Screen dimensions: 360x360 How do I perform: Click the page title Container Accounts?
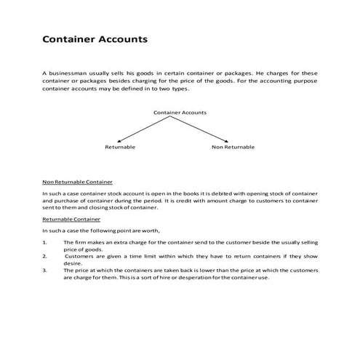pyautogui.click(x=95, y=39)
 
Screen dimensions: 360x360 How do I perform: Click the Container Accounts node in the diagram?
pyautogui.click(x=180, y=113)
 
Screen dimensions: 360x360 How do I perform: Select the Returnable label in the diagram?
pyautogui.click(x=119, y=147)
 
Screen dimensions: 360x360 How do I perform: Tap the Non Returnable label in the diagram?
pyautogui.click(x=233, y=147)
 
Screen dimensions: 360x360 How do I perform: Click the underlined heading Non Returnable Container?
pyautogui.click(x=77, y=181)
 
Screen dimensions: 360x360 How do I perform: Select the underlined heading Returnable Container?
pyautogui.click(x=71, y=219)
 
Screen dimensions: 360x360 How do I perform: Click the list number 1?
pyautogui.click(x=45, y=241)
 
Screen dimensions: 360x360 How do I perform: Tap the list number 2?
pyautogui.click(x=45, y=256)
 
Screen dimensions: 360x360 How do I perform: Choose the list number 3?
pyautogui.click(x=45, y=270)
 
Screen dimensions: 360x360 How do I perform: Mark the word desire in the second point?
pyautogui.click(x=73, y=263)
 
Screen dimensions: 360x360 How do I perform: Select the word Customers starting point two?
pyautogui.click(x=79, y=256)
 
